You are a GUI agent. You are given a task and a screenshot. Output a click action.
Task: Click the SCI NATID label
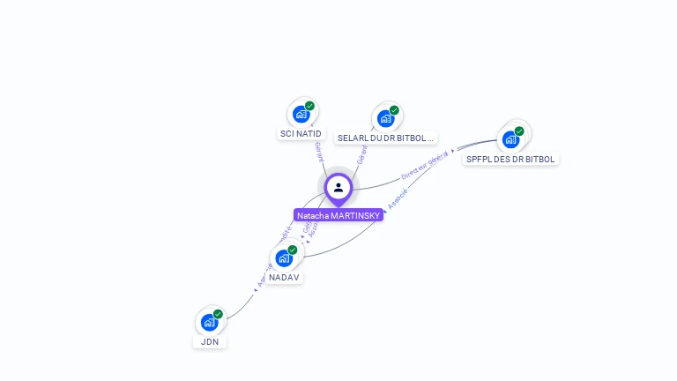(301, 134)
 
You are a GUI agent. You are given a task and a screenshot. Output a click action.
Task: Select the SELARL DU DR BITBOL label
(386, 138)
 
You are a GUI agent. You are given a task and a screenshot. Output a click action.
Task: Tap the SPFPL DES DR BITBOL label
(510, 160)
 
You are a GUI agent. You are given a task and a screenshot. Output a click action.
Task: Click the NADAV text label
(284, 277)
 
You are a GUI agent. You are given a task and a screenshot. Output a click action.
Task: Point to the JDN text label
(210, 341)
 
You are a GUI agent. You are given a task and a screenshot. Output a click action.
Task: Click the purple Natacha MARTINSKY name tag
(338, 215)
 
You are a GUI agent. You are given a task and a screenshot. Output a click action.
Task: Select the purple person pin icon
(338, 188)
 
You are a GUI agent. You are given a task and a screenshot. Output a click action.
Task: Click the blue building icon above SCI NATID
(301, 114)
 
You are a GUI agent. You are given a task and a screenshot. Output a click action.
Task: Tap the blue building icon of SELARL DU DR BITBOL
(385, 118)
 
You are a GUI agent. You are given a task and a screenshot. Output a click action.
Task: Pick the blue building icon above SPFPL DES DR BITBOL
(510, 138)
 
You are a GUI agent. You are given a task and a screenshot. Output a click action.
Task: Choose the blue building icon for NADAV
(283, 258)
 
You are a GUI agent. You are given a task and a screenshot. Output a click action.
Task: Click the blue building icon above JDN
(209, 322)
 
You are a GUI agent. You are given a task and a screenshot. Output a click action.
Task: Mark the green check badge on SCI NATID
(310, 106)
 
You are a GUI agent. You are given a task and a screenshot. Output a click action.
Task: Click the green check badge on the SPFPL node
(519, 131)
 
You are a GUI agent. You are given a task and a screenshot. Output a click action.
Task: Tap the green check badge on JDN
(218, 314)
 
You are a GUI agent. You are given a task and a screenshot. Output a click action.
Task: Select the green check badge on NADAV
(293, 250)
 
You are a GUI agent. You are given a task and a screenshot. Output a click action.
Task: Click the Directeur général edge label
(425, 164)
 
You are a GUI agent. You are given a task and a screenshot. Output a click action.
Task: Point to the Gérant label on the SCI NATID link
(317, 151)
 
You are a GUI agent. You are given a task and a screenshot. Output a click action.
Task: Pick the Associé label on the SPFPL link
(398, 197)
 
